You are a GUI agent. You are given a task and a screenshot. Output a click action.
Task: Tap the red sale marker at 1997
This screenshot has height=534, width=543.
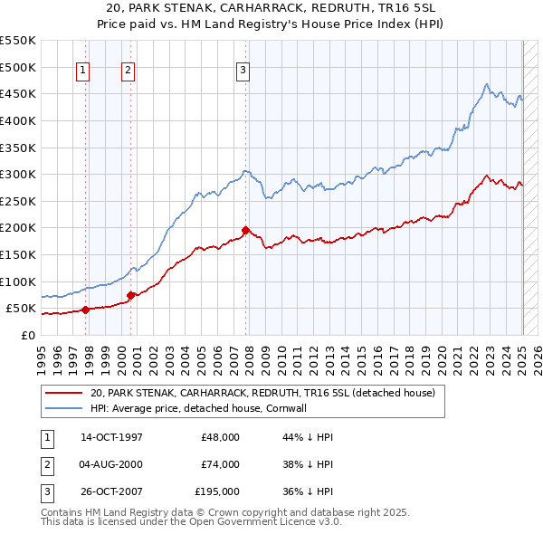click(x=85, y=310)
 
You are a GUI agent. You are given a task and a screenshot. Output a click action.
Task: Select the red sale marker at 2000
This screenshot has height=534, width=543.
click(x=130, y=294)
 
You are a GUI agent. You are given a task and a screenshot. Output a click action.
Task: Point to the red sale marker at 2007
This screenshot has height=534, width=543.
click(x=246, y=230)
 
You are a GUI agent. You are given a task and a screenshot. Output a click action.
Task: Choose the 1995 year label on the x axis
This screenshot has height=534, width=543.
click(x=41, y=356)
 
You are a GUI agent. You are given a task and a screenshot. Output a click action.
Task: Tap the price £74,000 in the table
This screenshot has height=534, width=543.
click(x=220, y=464)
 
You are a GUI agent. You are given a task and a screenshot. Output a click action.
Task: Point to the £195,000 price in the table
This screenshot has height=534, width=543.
click(x=217, y=491)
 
